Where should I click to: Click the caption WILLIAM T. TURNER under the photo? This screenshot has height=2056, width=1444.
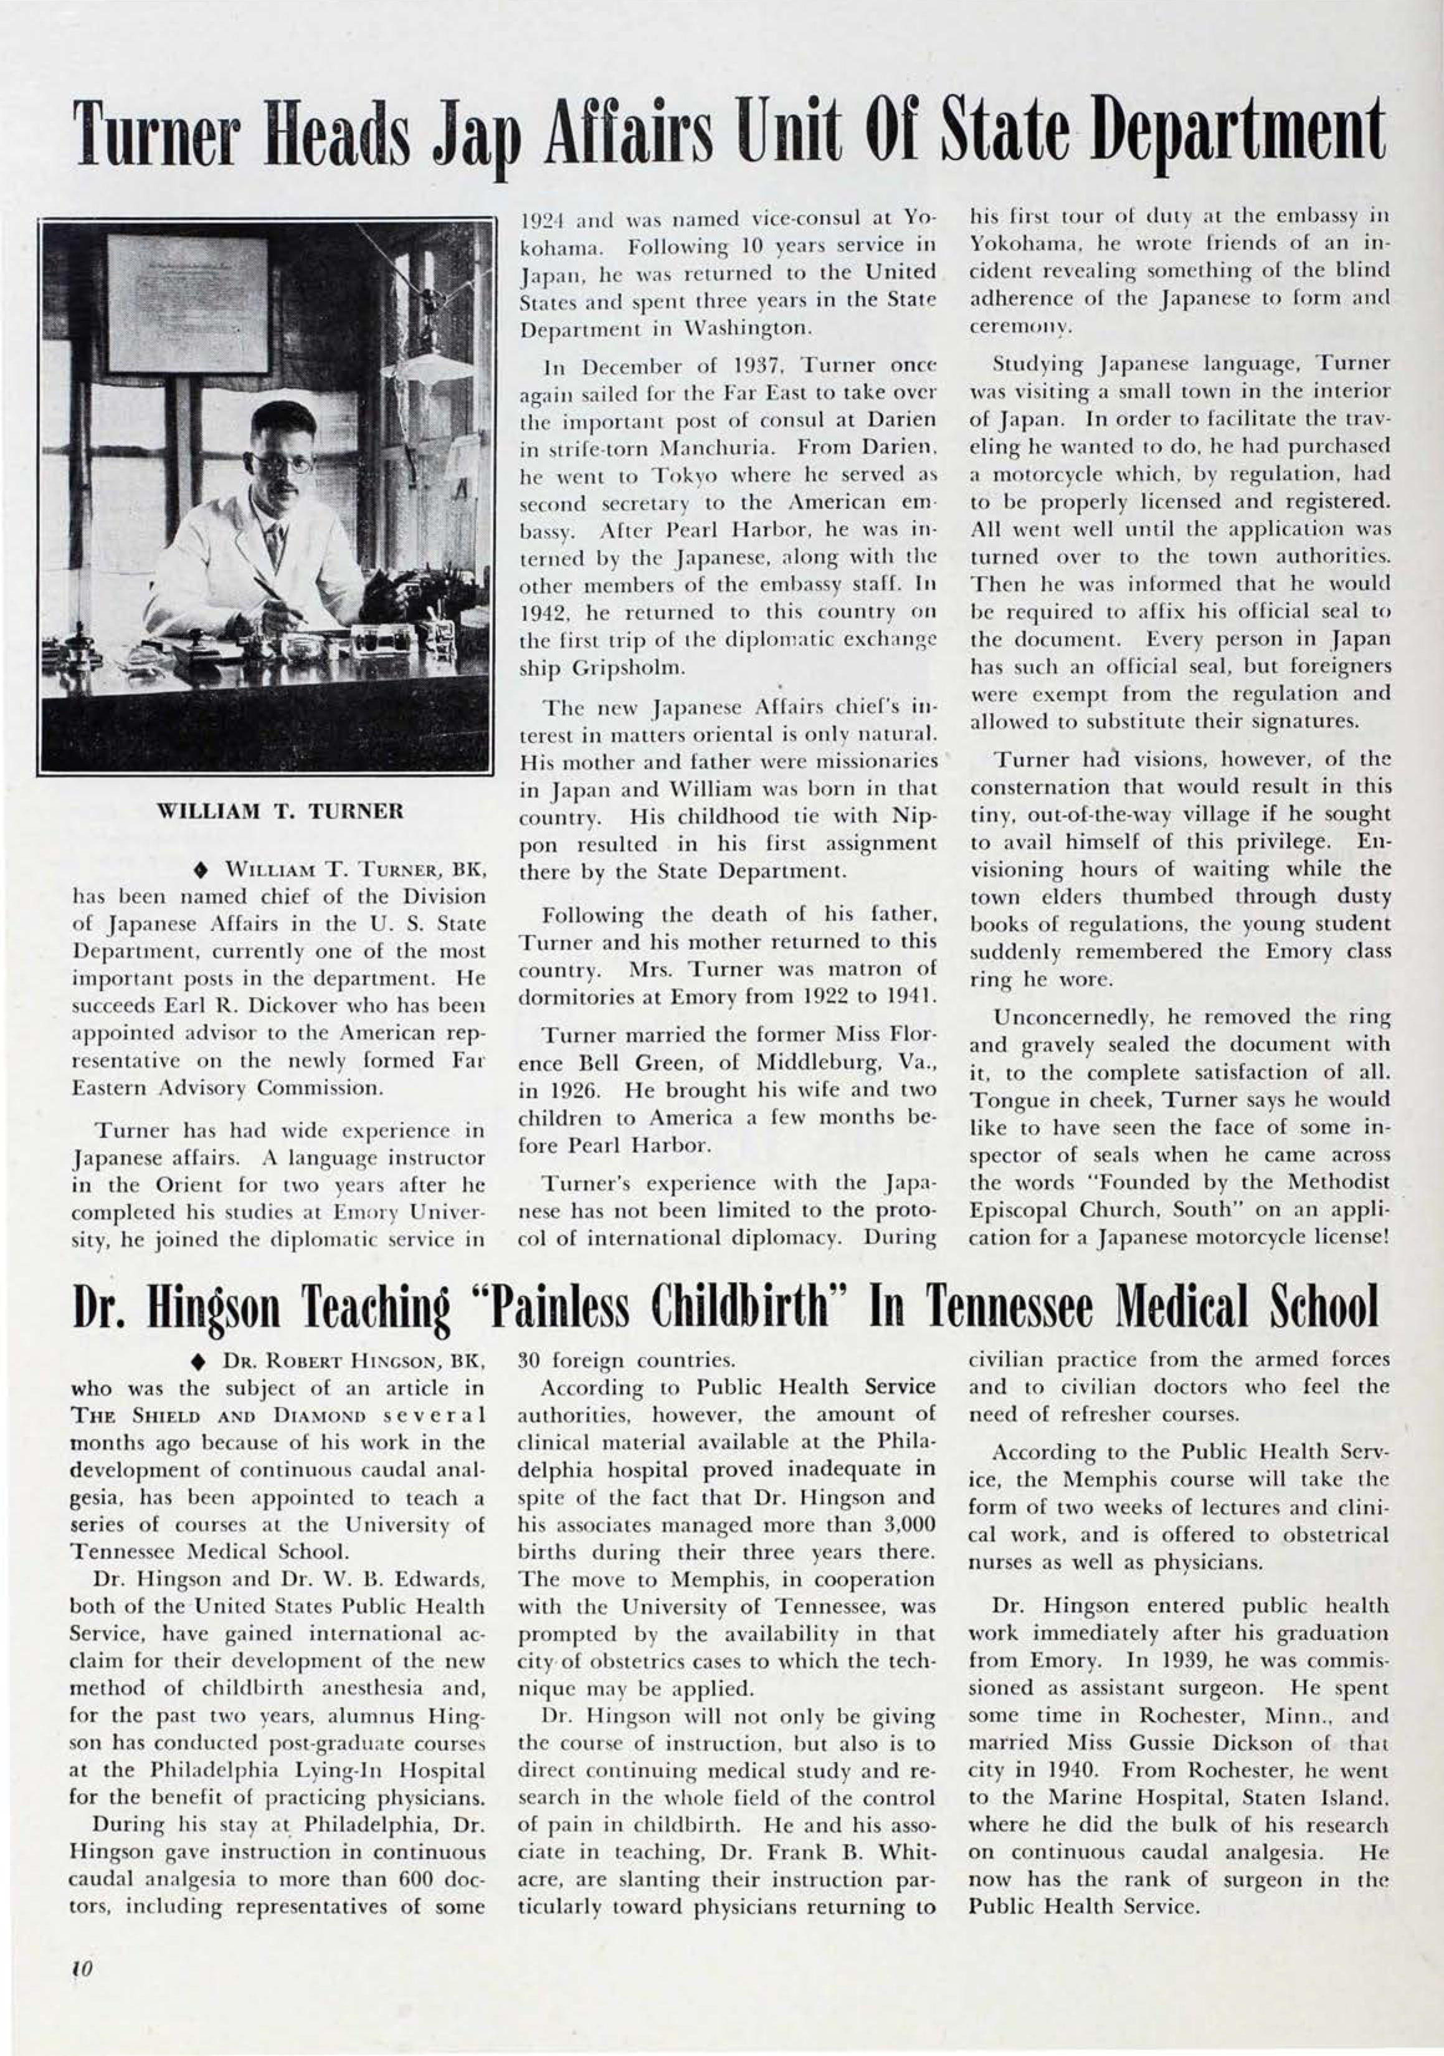click(x=280, y=812)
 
